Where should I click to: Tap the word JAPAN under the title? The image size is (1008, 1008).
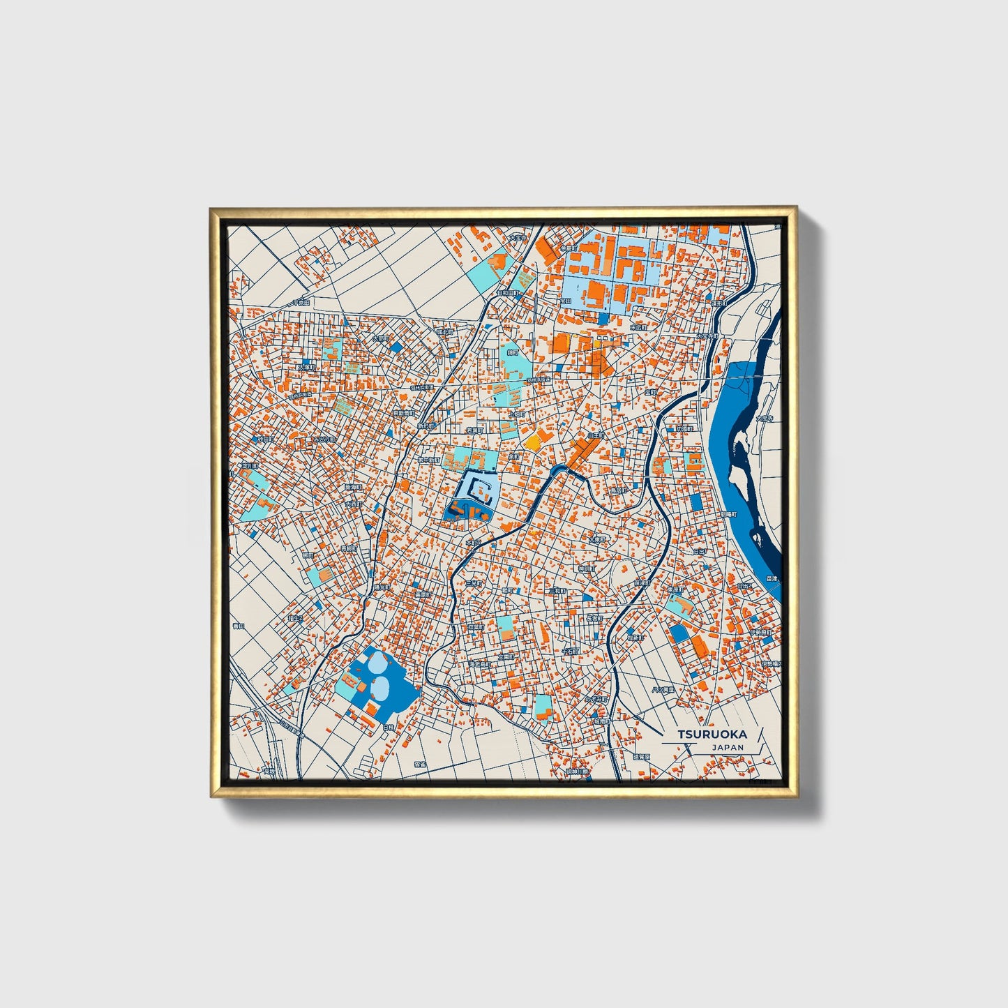728,747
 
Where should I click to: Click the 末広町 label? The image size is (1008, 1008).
639,326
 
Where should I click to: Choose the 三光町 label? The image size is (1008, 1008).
474,583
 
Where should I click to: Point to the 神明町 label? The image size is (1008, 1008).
587,569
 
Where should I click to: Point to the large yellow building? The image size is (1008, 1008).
533,441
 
